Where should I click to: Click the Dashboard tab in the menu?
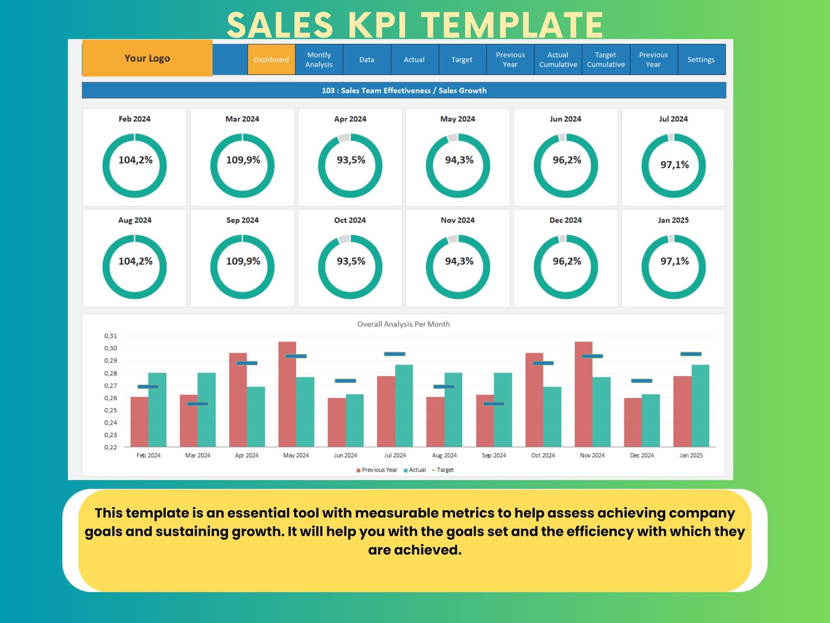(x=271, y=60)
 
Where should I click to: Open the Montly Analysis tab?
(x=319, y=60)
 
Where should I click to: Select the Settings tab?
(x=700, y=60)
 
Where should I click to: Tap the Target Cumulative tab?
(x=606, y=60)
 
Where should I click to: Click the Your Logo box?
(x=147, y=58)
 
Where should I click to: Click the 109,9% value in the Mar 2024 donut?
(x=243, y=160)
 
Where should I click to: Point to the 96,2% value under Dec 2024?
(x=567, y=261)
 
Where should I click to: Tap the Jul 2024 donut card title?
(x=673, y=119)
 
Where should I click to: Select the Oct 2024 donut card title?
(x=350, y=220)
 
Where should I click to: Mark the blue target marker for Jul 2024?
(x=394, y=354)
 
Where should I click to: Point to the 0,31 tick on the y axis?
(x=110, y=336)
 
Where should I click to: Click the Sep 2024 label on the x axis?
(x=493, y=455)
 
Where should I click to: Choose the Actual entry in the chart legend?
(x=417, y=470)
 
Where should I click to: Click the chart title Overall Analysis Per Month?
(x=403, y=324)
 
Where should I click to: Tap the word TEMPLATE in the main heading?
(x=512, y=25)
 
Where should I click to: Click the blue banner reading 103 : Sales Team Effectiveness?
(x=404, y=90)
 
